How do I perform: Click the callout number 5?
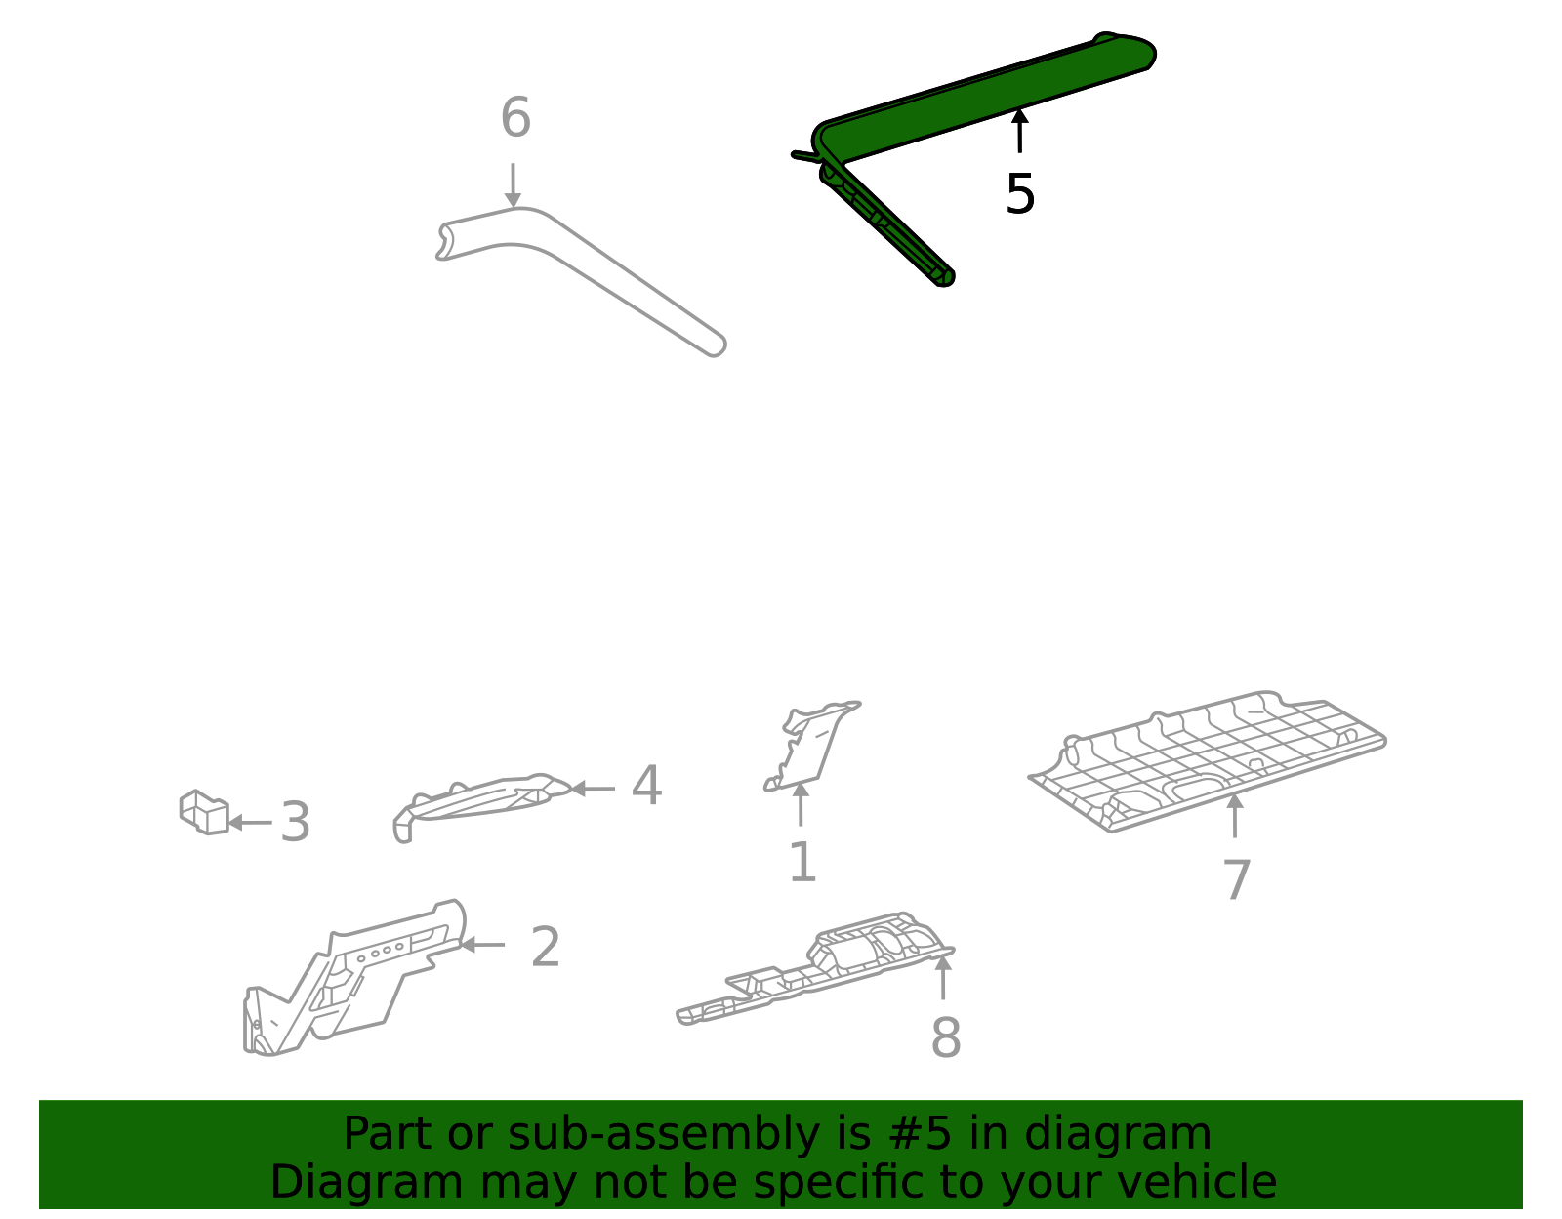coord(1020,194)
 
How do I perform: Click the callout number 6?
coord(515,117)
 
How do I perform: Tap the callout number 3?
coord(295,823)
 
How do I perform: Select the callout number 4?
coord(646,786)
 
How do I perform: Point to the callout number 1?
coord(802,862)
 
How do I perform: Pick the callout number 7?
coord(1236,880)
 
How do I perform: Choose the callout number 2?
coord(545,947)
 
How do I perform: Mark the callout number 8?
coord(945,1038)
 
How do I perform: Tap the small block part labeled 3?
coord(204,812)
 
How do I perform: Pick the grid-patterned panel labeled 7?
coord(1208,761)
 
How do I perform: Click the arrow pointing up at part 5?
coord(1019,131)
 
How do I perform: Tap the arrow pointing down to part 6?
coord(513,185)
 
